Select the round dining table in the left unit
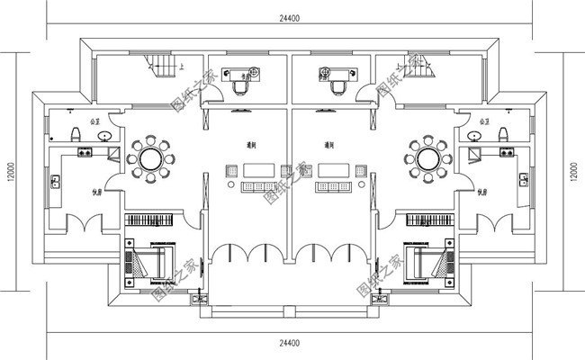tap(150, 158)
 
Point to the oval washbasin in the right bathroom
tap(476, 136)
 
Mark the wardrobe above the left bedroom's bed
tap(152, 220)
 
